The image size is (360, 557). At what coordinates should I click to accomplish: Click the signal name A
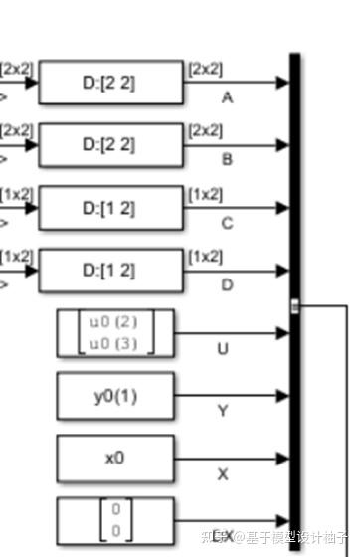click(228, 97)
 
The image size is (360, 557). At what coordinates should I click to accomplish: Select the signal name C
click(228, 223)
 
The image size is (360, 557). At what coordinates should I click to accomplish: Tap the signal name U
click(223, 349)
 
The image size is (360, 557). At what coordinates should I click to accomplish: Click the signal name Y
click(223, 411)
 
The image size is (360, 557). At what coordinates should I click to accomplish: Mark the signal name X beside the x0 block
click(223, 474)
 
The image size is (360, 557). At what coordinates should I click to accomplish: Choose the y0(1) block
click(114, 395)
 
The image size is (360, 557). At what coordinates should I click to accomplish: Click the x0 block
click(114, 458)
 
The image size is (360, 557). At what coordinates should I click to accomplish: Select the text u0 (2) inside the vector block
click(114, 322)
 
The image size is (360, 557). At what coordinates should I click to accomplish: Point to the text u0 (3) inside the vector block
click(114, 343)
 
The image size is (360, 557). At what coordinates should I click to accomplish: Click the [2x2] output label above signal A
click(205, 70)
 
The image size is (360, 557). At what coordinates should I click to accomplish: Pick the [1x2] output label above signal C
click(205, 195)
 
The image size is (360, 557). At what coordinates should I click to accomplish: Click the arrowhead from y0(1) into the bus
click(283, 396)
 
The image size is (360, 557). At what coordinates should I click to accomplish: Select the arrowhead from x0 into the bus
click(283, 458)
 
